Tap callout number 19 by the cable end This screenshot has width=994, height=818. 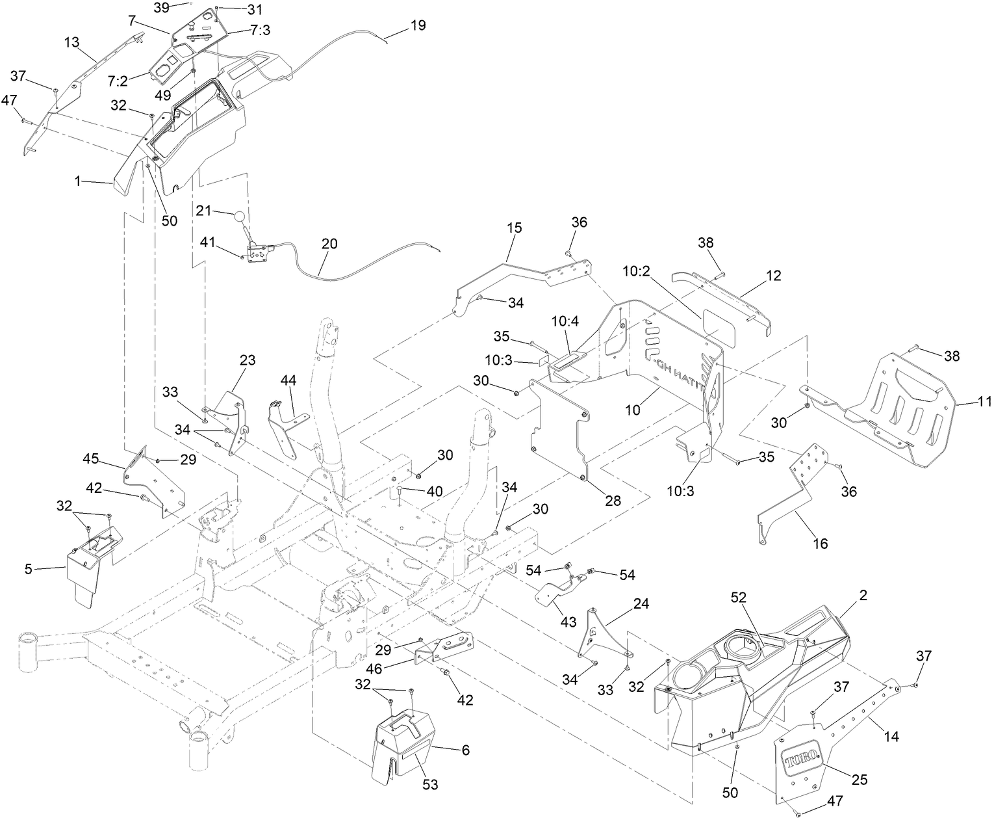click(418, 25)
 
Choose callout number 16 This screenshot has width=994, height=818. click(821, 543)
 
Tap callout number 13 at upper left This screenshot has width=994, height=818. click(72, 42)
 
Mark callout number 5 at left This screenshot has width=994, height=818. click(28, 569)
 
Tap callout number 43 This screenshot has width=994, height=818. click(568, 622)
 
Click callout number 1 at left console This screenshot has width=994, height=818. click(78, 181)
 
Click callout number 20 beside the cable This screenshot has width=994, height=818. click(329, 243)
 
